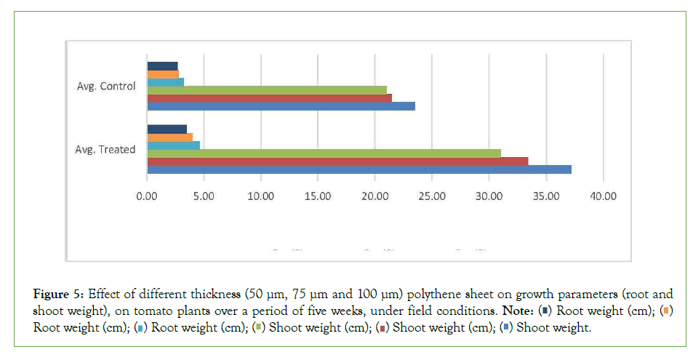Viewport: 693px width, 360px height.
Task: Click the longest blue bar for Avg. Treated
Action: tap(359, 169)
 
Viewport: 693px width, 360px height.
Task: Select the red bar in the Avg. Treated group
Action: tap(337, 161)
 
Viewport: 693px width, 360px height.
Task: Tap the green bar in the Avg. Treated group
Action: tap(324, 153)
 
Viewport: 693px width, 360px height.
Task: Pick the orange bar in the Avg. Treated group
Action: tap(169, 137)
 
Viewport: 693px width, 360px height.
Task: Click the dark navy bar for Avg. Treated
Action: tap(167, 129)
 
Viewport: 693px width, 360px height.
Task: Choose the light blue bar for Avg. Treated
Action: tap(173, 145)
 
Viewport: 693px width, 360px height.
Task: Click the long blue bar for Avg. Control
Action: tap(281, 106)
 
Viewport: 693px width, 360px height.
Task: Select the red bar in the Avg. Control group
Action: tap(269, 97)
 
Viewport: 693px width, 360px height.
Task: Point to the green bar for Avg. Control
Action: tap(267, 89)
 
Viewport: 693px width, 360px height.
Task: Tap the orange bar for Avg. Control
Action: tap(163, 73)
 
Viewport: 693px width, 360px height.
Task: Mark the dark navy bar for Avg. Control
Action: tap(162, 65)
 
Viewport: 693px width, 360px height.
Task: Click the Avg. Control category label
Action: tap(106, 87)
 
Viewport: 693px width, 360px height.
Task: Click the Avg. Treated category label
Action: tap(105, 150)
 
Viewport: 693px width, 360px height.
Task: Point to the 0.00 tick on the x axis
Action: tap(147, 196)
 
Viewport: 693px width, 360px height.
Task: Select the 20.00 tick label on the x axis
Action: tap(375, 196)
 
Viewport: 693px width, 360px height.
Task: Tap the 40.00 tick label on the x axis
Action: tap(603, 196)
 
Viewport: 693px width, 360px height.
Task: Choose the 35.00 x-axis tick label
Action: tap(546, 196)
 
